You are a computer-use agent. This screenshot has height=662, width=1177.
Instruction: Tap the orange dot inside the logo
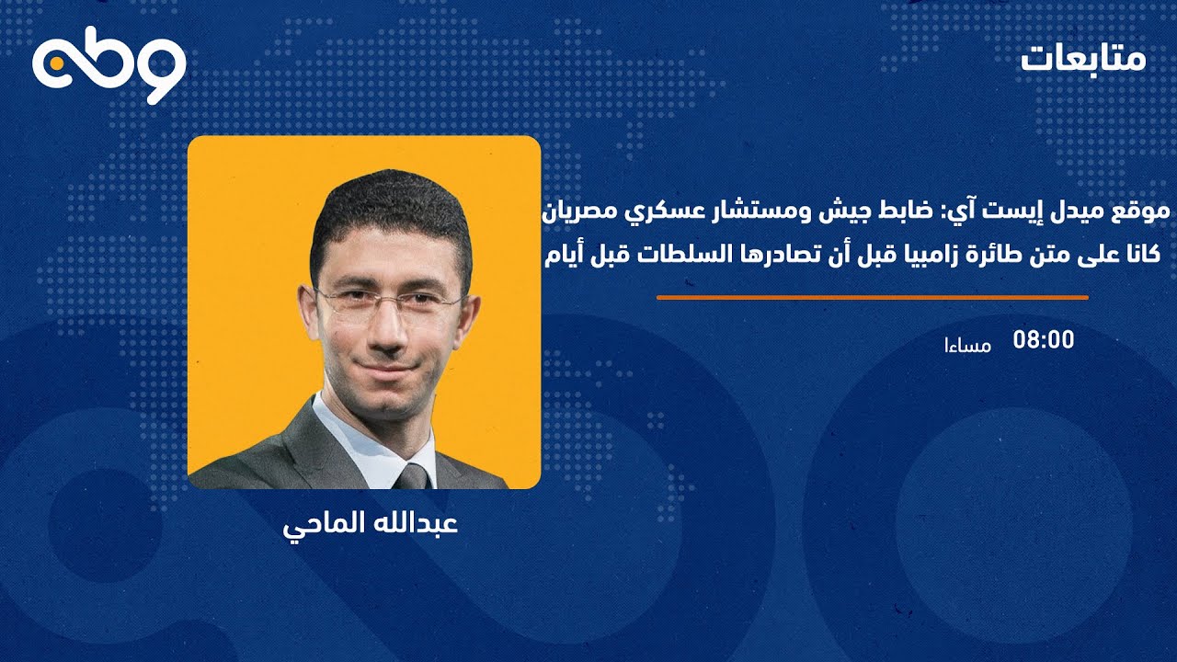coord(56,63)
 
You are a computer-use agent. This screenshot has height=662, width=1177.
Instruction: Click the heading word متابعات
coord(1083,59)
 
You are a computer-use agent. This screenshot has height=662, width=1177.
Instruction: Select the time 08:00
coord(1044,340)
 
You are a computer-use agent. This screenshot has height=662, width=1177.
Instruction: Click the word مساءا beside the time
coord(968,345)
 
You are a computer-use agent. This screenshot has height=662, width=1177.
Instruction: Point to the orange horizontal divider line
coord(873,298)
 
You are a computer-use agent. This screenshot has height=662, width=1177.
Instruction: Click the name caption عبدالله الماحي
coord(371,526)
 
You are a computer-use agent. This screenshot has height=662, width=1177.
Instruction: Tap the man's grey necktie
coord(413,477)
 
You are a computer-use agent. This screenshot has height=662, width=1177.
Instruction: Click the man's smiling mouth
coord(388,366)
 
